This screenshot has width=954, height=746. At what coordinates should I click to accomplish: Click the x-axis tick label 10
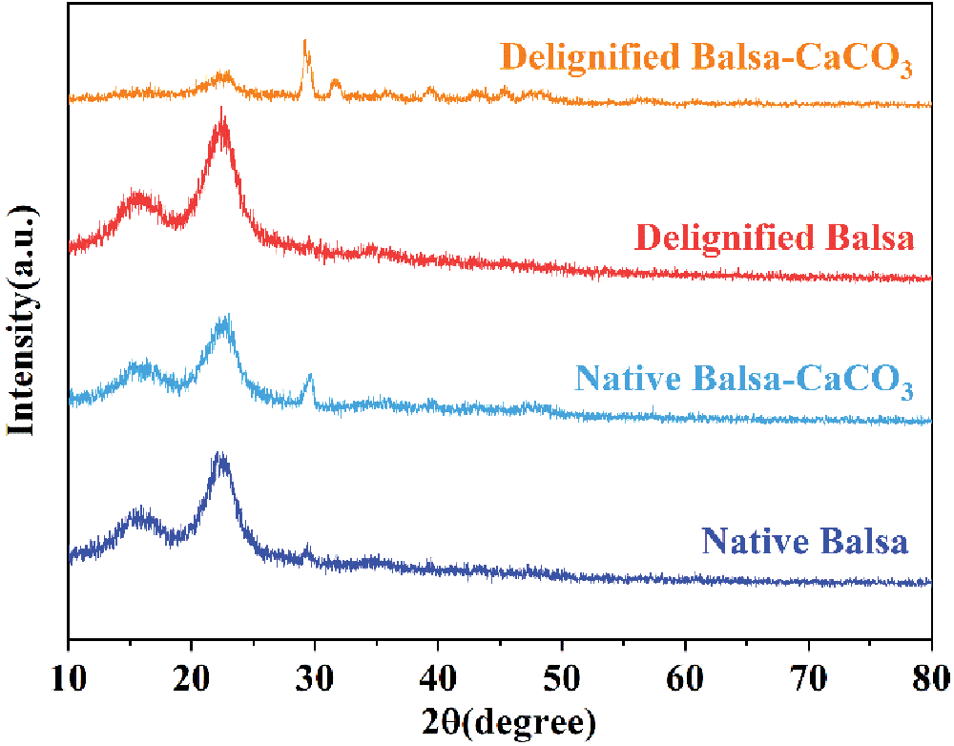(x=69, y=679)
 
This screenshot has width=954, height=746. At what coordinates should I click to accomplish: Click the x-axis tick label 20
(x=192, y=679)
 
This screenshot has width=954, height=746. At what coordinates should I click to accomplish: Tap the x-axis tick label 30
(x=315, y=679)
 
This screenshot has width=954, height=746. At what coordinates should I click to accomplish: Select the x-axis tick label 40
(x=438, y=679)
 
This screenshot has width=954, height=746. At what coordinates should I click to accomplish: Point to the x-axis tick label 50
(x=562, y=679)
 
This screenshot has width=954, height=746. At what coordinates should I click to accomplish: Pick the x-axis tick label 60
(x=685, y=679)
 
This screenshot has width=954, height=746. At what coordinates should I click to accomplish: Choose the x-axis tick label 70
(x=808, y=679)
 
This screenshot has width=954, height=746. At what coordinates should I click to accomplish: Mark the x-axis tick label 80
(x=930, y=679)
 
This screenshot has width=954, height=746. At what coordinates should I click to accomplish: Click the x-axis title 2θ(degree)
(x=500, y=722)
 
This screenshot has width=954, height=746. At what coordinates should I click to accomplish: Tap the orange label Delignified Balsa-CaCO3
(x=707, y=58)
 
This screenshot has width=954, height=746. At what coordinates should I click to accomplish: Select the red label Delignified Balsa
(x=774, y=238)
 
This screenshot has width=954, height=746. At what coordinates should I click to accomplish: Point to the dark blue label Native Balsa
(x=805, y=541)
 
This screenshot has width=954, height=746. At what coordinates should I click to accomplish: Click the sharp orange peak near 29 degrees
(x=304, y=44)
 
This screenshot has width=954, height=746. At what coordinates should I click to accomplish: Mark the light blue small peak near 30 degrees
(x=309, y=378)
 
